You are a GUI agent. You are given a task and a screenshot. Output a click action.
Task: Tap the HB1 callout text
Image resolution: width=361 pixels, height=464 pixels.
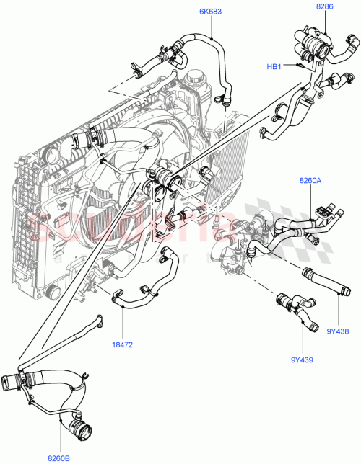point(274,67)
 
